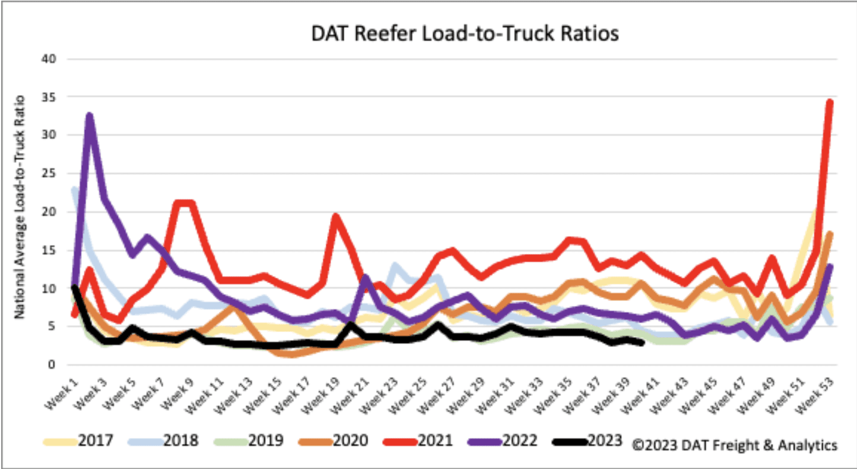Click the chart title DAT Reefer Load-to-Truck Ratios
coord(465,34)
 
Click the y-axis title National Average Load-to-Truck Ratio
coord(21,206)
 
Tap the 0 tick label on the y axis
coord(52,365)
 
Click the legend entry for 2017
coord(78,441)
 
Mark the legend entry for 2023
coord(588,441)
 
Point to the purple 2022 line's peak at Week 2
coord(90,115)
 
